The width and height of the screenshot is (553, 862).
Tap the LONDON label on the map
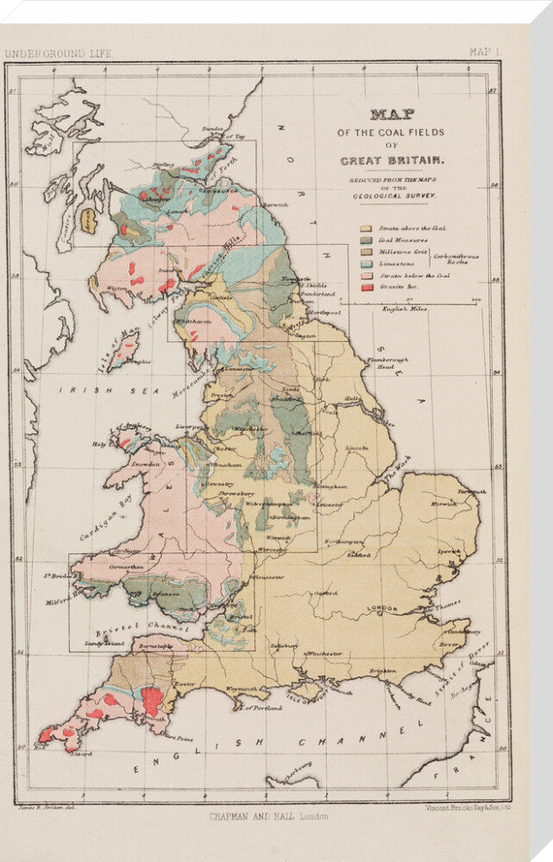382,609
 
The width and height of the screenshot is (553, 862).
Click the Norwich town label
445,504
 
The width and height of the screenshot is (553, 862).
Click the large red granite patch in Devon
152,700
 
